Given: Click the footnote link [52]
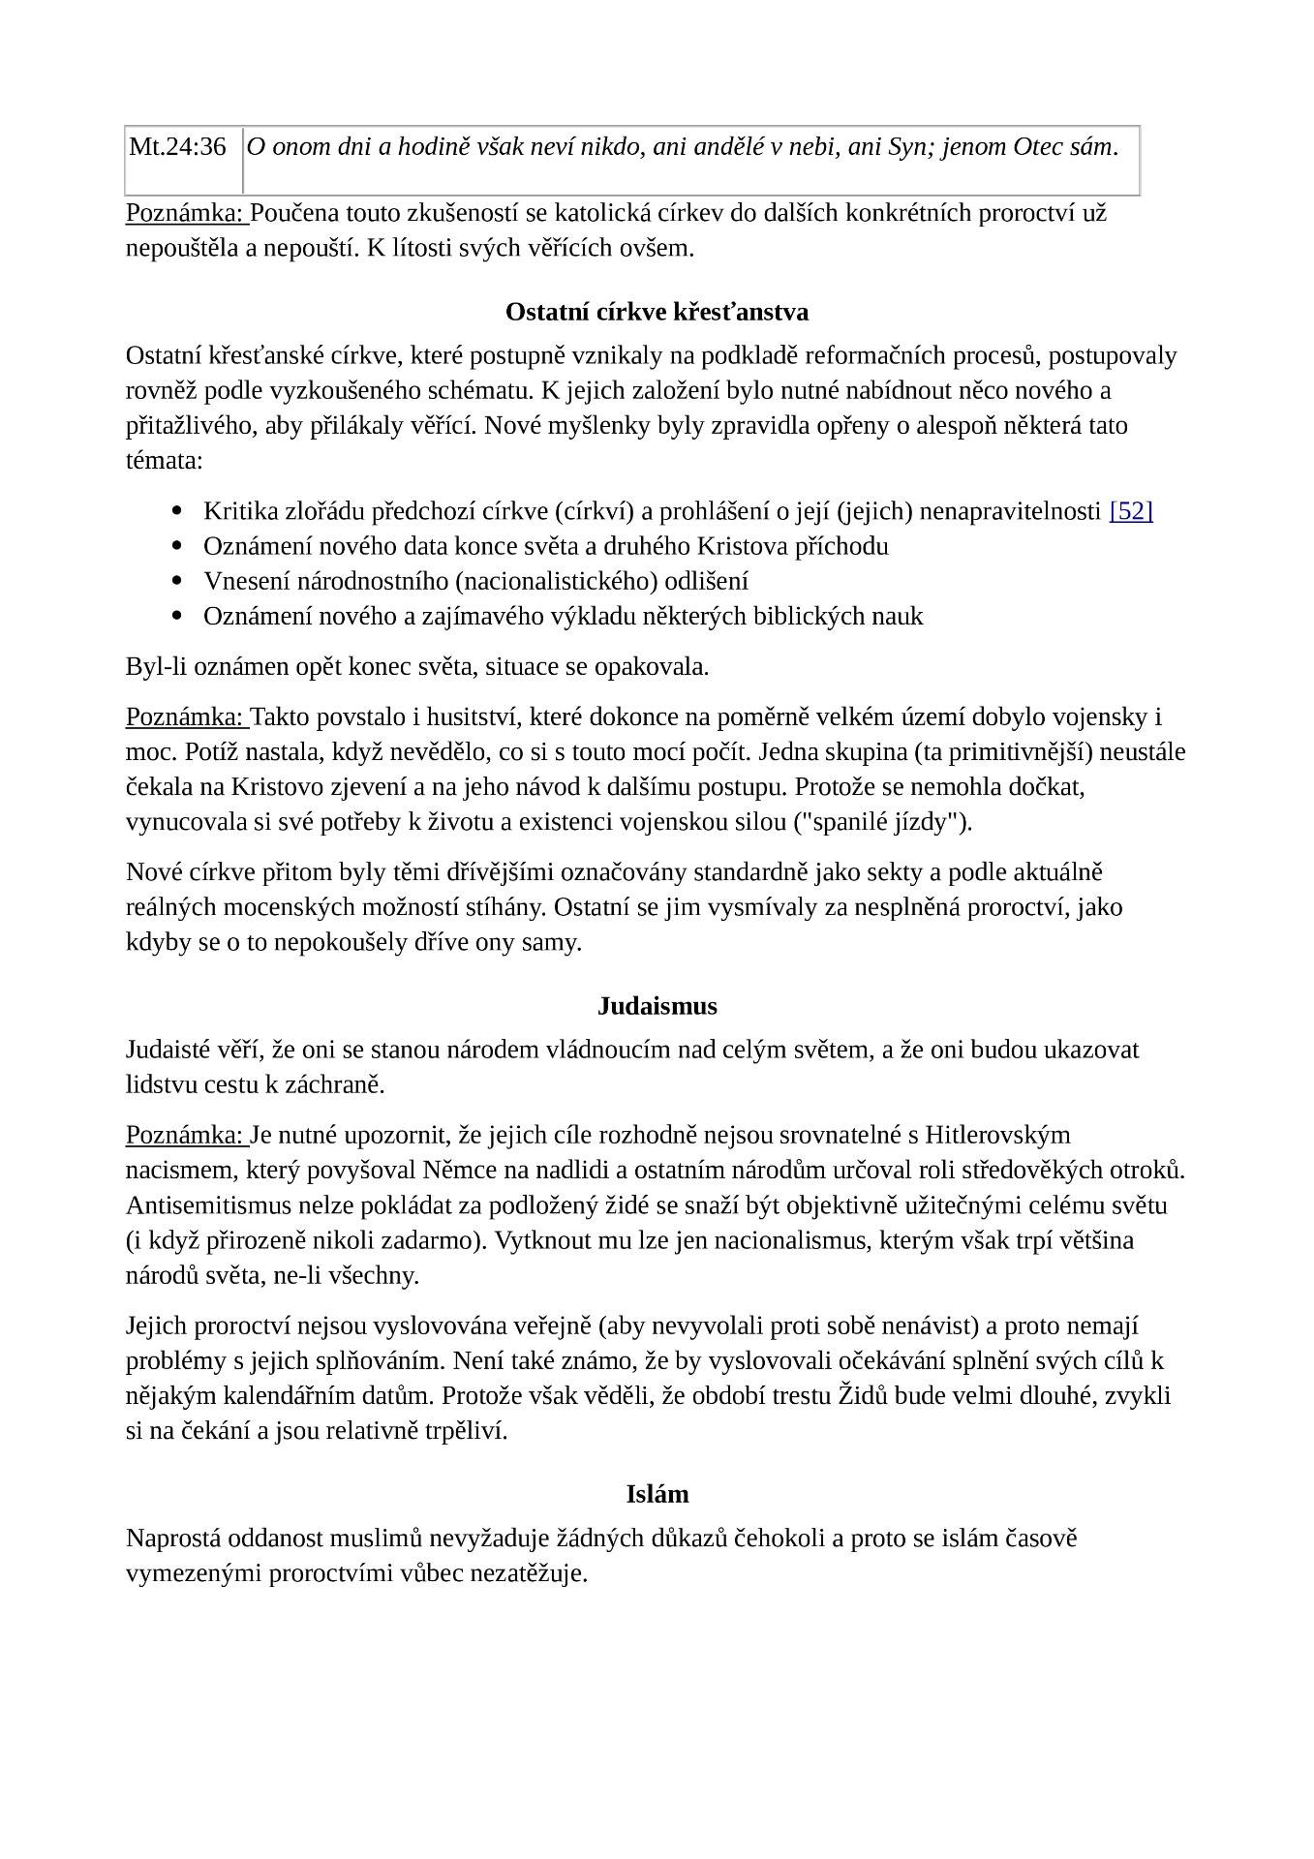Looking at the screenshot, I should pos(1130,511).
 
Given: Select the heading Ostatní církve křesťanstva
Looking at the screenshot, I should pos(657,313).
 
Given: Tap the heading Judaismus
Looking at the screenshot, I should pos(657,1006).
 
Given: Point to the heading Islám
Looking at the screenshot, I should pos(657,1494).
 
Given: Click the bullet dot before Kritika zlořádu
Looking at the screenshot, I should pos(176,511).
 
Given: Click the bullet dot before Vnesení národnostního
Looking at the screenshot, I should pos(176,582).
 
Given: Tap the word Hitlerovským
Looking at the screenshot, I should pos(997,1135).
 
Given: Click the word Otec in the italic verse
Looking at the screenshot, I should pos(1037,147).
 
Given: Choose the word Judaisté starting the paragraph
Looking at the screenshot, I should pos(166,1050).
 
